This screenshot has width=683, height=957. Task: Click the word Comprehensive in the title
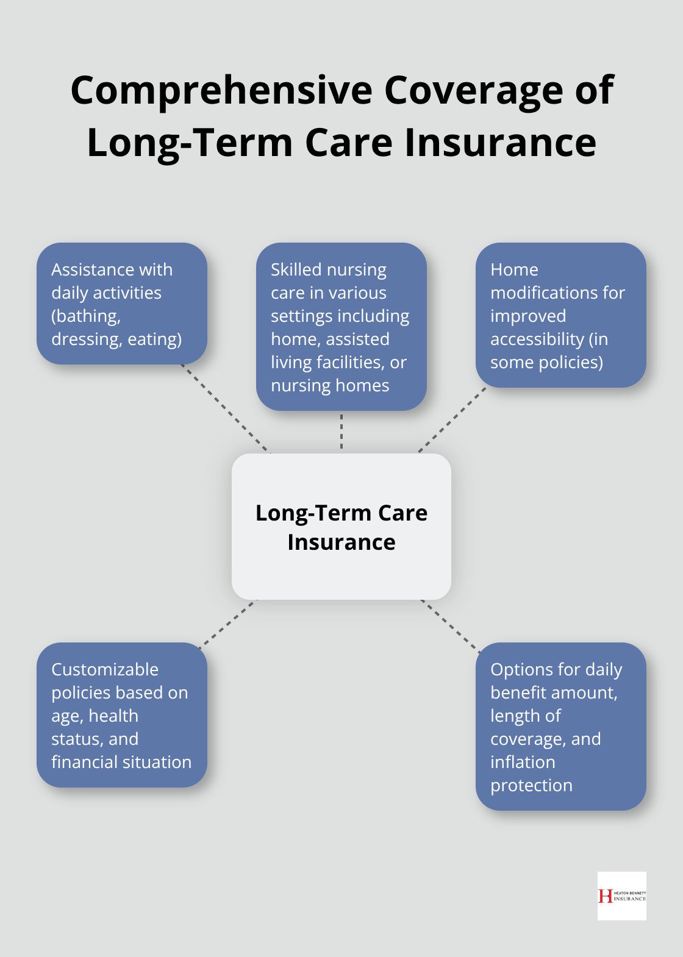221,90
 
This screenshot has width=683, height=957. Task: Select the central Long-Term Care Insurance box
342,527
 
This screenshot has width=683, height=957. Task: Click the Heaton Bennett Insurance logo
621,895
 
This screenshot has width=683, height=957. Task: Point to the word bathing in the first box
86,316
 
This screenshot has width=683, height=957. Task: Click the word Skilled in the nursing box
296,269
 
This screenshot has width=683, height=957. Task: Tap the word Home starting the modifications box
514,269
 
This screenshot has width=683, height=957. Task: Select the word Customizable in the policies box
105,669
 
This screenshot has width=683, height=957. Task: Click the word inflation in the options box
523,762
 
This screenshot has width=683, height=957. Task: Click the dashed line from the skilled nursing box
342,432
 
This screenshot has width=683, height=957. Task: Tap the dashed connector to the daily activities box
225,408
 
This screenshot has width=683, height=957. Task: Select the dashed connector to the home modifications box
452,420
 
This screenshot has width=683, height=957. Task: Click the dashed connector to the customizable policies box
228,622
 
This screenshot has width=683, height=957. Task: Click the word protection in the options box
531,785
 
